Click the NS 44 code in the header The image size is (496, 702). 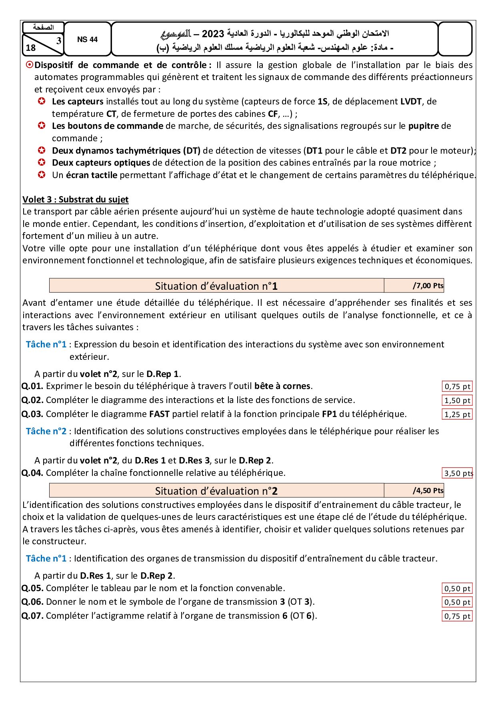[87, 40]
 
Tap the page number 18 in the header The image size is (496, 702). [31, 48]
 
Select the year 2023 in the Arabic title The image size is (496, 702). [213, 34]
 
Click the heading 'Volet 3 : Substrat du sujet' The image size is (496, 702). [75, 199]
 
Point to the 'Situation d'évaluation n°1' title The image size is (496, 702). [216, 286]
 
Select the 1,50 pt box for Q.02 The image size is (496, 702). [457, 401]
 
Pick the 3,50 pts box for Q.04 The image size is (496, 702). [458, 473]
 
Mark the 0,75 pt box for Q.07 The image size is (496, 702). [457, 616]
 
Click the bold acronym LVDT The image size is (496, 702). [411, 102]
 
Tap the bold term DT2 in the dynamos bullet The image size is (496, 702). [398, 151]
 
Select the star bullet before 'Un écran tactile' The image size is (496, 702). [42, 175]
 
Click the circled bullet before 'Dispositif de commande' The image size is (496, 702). [29, 65]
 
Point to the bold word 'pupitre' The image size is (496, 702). [423, 126]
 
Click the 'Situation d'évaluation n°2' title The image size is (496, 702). [216, 491]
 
